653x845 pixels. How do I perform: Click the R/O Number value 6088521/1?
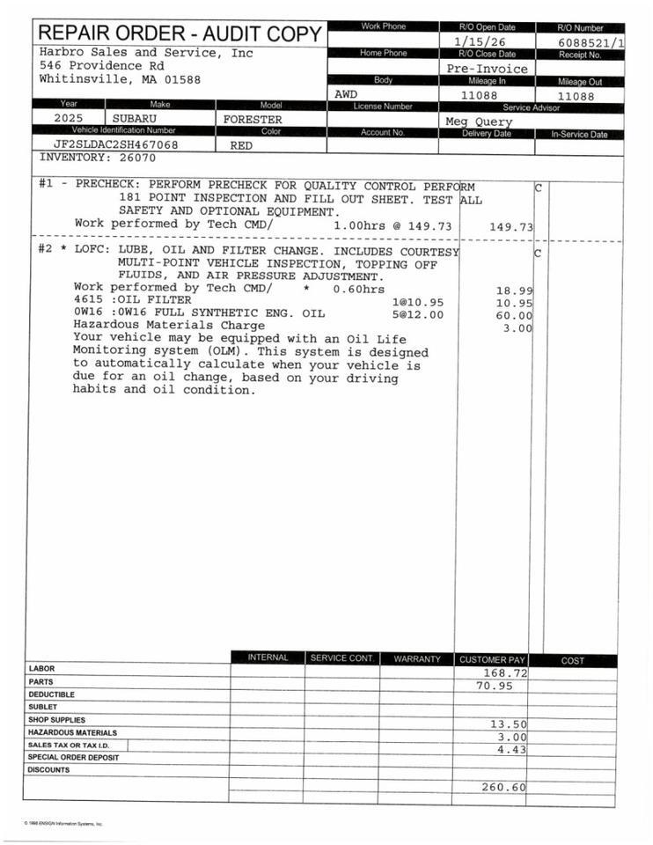point(591,42)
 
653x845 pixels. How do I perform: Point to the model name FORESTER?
point(253,119)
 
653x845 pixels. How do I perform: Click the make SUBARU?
point(135,118)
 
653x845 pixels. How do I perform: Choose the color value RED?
point(241,146)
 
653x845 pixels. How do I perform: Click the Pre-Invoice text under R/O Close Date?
point(487,69)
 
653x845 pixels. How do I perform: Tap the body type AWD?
point(347,93)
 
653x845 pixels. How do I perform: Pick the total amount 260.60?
point(503,787)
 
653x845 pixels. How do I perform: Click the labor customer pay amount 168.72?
point(505,672)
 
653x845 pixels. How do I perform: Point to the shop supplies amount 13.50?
point(508,724)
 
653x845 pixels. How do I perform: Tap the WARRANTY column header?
point(416,658)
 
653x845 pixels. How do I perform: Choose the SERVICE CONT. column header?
point(342,658)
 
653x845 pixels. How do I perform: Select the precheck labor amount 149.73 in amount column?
point(511,227)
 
